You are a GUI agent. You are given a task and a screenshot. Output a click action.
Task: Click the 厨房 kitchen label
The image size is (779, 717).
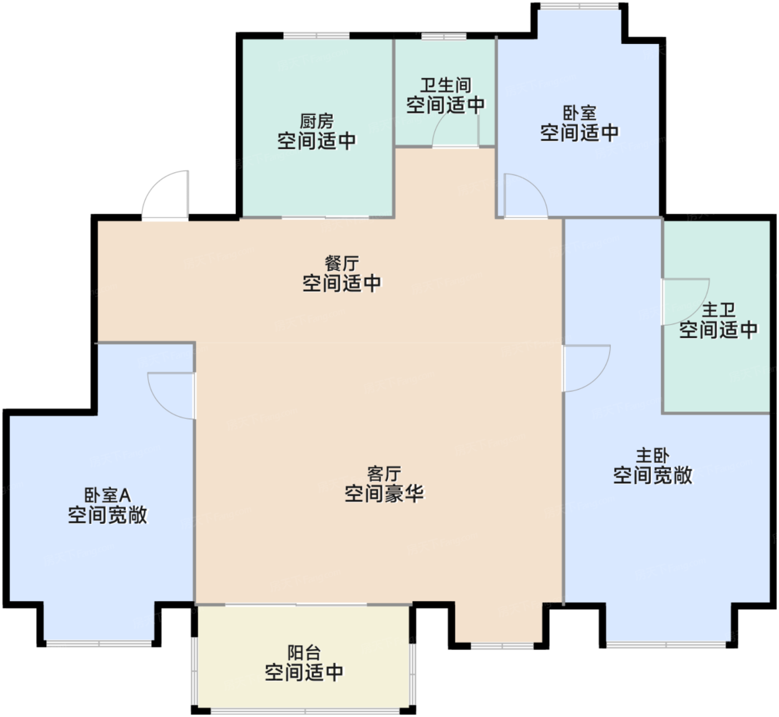point(317,121)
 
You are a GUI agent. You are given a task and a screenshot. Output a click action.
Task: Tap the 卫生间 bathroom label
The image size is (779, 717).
point(445,85)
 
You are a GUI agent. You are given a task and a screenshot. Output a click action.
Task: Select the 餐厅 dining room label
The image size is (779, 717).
point(342,263)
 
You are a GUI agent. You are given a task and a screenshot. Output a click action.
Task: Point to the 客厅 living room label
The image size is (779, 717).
point(384,474)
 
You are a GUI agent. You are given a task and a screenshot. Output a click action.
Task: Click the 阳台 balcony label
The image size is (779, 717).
point(304,652)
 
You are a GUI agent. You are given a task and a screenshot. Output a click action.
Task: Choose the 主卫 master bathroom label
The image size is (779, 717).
point(718,310)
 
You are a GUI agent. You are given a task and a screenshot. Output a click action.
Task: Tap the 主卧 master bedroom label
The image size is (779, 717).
point(652,455)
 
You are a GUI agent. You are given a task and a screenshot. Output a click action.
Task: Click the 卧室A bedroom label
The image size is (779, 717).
point(107,495)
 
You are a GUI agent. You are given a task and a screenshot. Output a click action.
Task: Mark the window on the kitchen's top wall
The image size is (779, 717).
point(317,36)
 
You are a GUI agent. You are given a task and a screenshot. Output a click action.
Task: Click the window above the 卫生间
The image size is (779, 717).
point(444,36)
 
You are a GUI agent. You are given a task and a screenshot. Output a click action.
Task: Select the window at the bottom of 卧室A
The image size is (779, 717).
point(99,644)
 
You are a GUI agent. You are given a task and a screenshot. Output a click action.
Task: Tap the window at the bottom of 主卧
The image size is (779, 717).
point(667,645)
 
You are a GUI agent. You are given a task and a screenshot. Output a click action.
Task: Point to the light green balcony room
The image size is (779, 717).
point(304,659)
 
